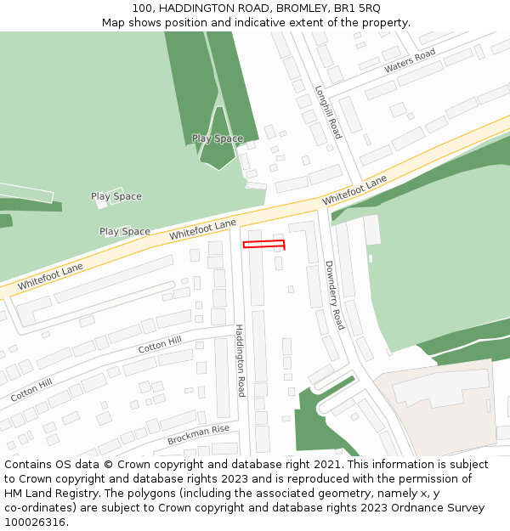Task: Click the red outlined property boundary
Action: (263, 245)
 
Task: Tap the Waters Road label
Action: (410, 60)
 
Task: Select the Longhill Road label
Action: (328, 112)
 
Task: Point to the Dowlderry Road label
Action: (334, 295)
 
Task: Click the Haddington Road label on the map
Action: (241, 360)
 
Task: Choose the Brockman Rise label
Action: (199, 435)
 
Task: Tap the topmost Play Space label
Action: (217, 138)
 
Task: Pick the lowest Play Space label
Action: (124, 231)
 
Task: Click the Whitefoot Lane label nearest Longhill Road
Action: (354, 190)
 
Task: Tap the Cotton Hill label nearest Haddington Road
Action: (160, 345)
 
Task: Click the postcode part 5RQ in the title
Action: (367, 8)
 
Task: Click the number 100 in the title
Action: (142, 8)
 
